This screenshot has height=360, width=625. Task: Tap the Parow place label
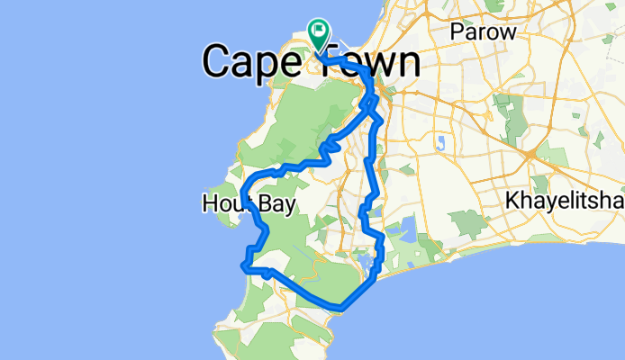485,31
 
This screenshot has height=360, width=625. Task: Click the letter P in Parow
459,31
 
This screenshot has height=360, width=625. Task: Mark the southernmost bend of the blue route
340,308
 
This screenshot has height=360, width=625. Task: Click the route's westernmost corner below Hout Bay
243,265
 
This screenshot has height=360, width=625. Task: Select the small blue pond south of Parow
440,141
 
